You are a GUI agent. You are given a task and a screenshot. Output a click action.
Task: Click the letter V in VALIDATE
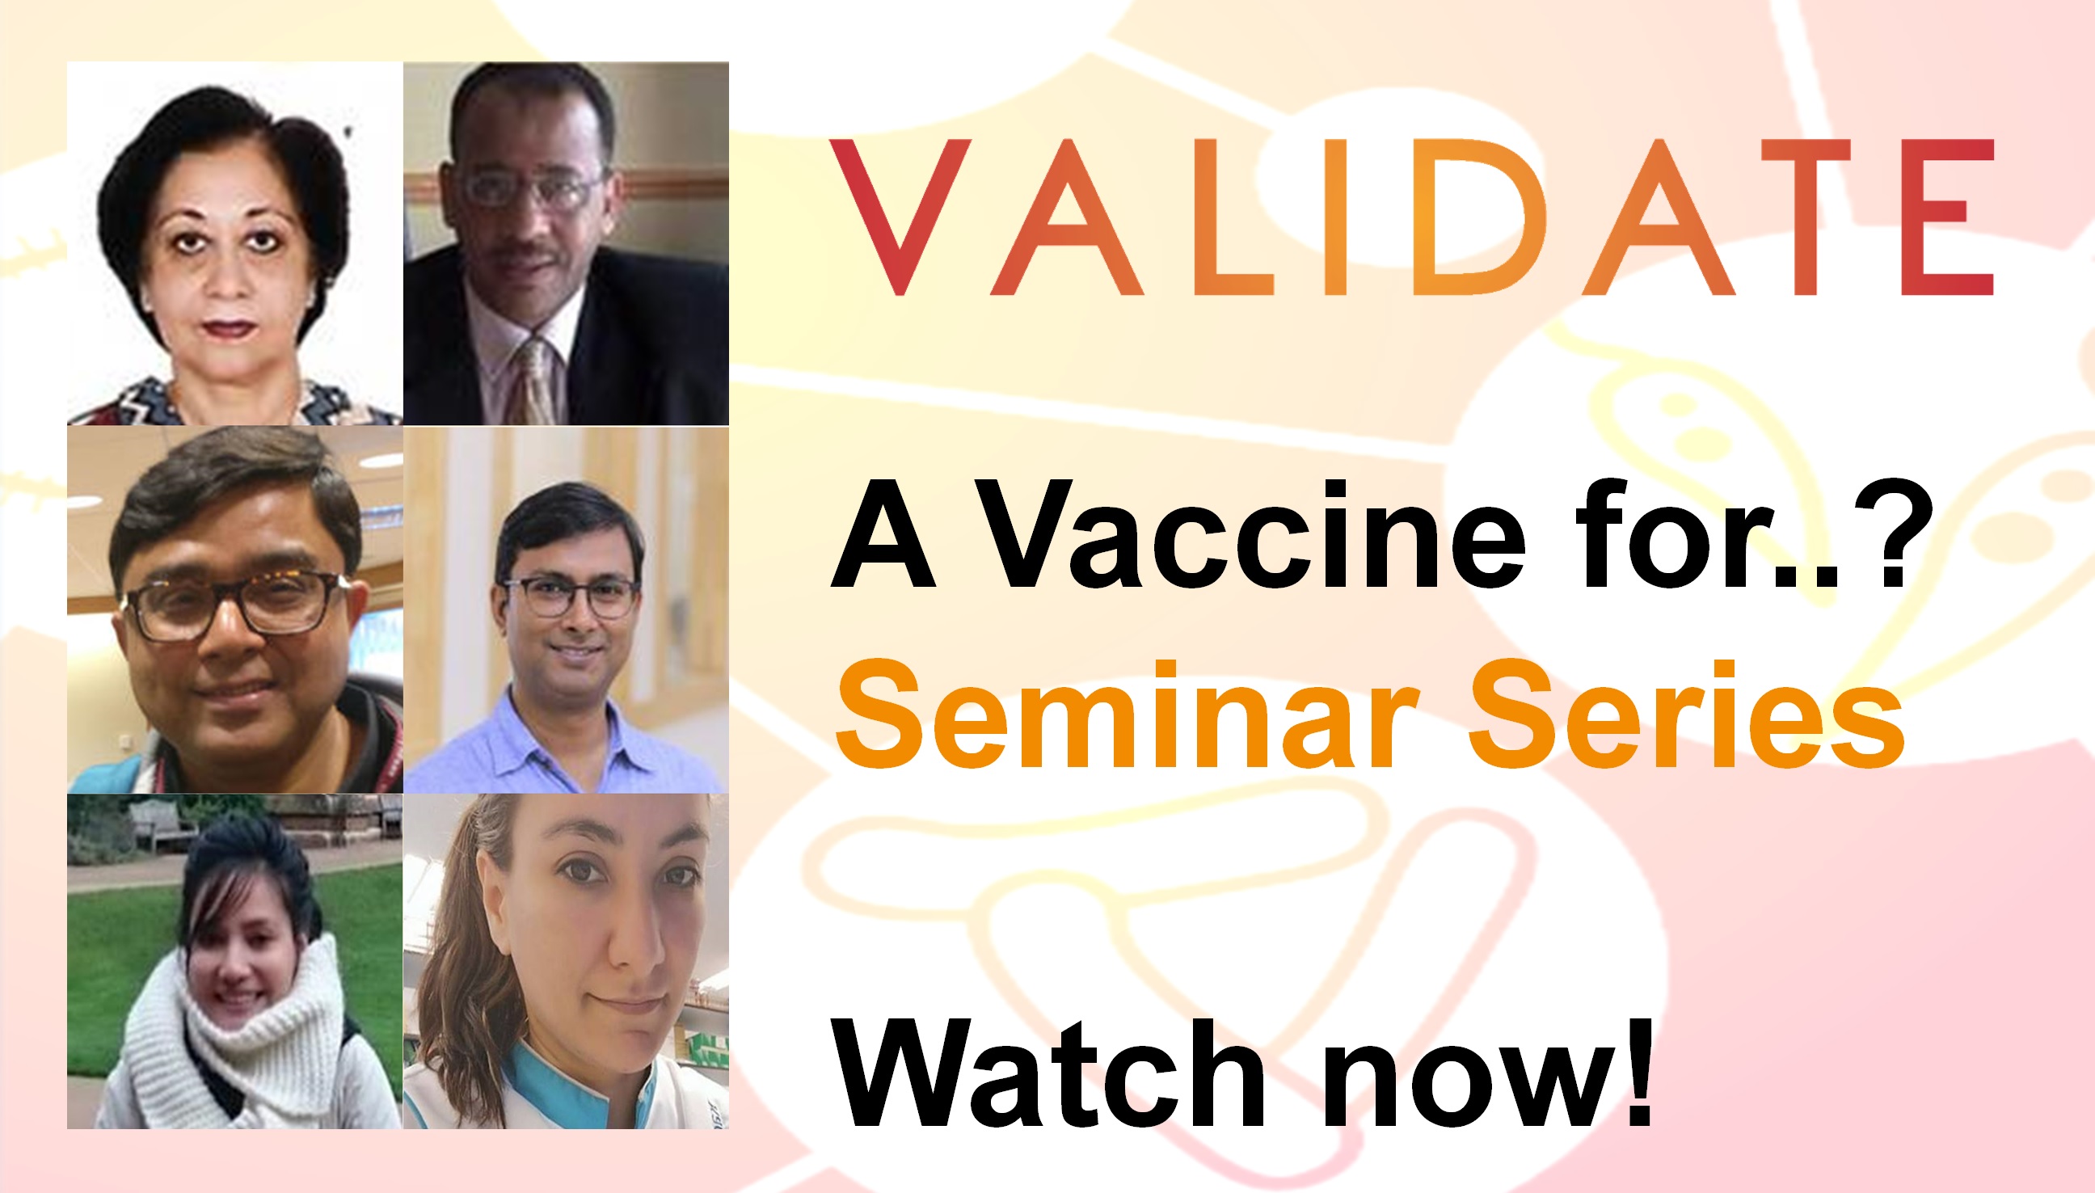tap(900, 217)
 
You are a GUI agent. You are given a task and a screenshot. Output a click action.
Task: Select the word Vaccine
tap(1251, 535)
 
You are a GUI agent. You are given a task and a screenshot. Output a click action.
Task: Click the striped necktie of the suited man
tap(537, 381)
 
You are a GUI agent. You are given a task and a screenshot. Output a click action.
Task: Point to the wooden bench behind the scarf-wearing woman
tap(160, 824)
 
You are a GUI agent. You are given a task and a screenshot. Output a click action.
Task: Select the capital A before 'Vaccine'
tap(883, 535)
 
